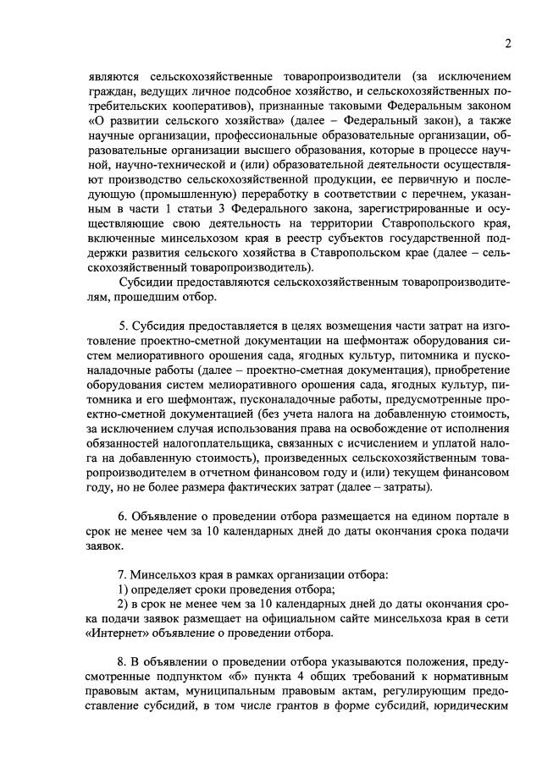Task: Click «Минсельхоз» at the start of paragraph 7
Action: tap(168, 575)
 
